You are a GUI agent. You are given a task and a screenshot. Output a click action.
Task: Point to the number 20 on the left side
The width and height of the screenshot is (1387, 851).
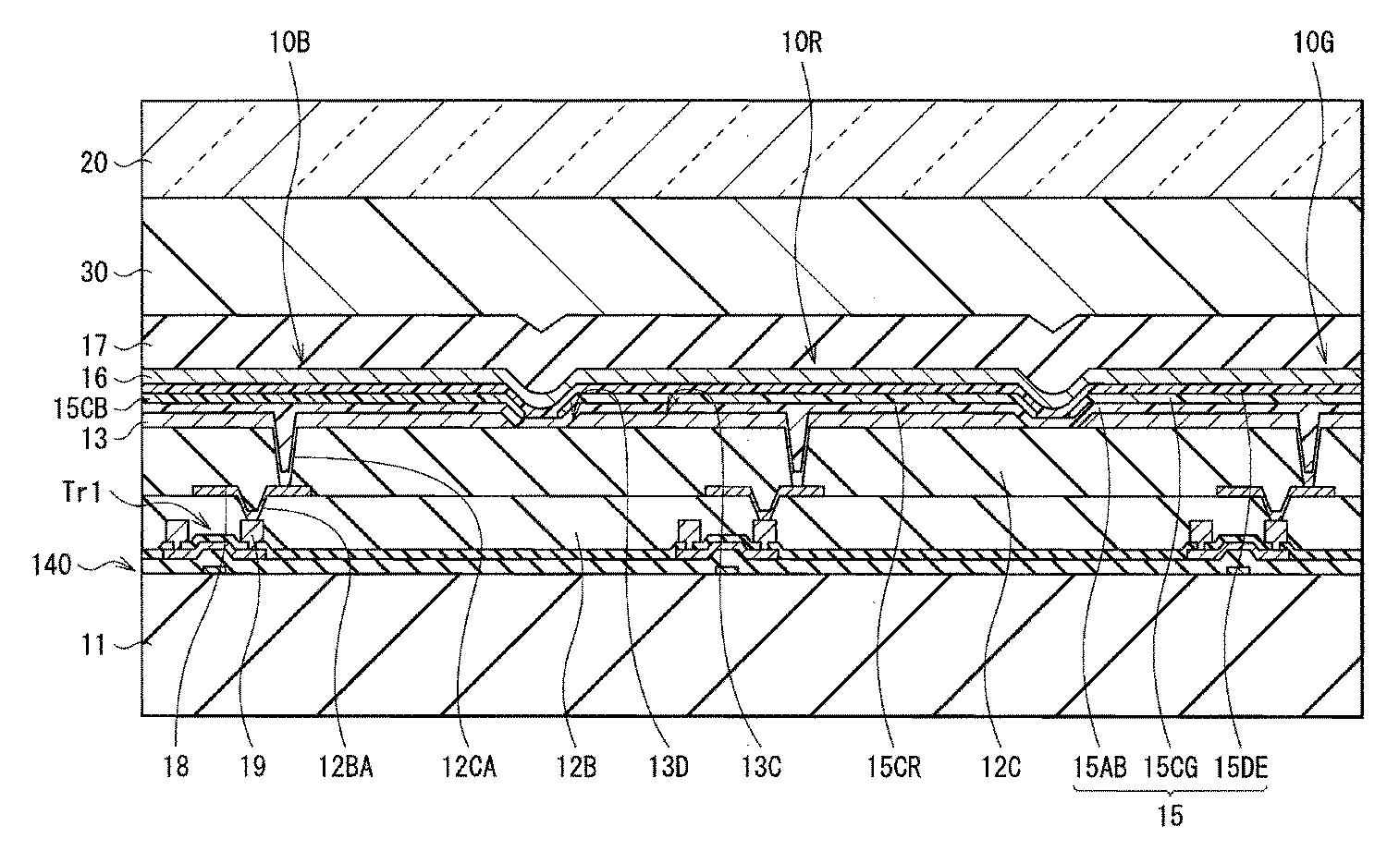point(94,164)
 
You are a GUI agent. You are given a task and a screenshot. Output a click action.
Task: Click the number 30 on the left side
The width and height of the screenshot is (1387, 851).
point(94,273)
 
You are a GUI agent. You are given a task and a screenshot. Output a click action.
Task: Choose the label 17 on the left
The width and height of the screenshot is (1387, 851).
point(94,346)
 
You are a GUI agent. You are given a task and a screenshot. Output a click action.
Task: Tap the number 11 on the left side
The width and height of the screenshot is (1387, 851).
point(93,645)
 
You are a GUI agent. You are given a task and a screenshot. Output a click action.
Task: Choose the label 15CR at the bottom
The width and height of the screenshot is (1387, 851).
point(894,767)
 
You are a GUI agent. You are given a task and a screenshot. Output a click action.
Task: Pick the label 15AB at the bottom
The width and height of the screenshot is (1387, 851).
point(1099,767)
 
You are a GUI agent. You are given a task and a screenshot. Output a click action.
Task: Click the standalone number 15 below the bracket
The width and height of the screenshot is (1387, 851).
point(1170,815)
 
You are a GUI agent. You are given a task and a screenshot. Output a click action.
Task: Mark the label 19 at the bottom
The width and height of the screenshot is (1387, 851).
point(252,767)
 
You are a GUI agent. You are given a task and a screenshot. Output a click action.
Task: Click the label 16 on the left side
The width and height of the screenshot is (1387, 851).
point(94,378)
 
